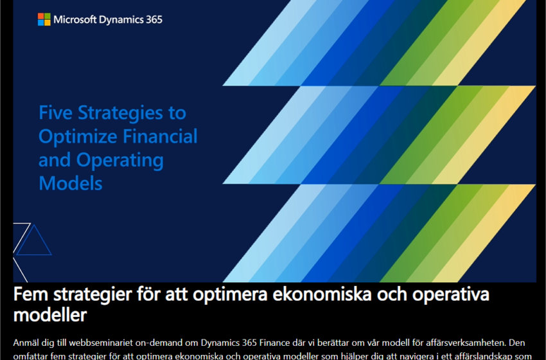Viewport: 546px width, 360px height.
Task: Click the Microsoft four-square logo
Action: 44,19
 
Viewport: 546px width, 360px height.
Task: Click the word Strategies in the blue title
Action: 131,113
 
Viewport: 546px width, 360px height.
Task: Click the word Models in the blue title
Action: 70,183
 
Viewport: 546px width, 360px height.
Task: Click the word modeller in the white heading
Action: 50,316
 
